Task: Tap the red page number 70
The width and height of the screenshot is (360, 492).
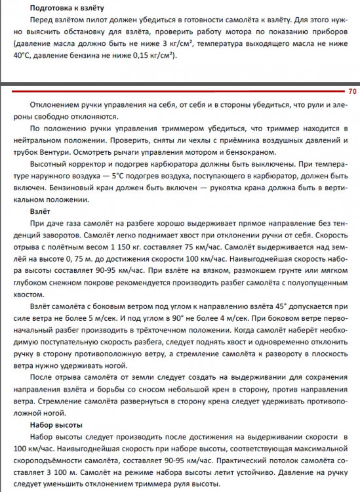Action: pyautogui.click(x=351, y=92)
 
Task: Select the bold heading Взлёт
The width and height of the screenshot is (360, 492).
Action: pyautogui.click(x=40, y=213)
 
